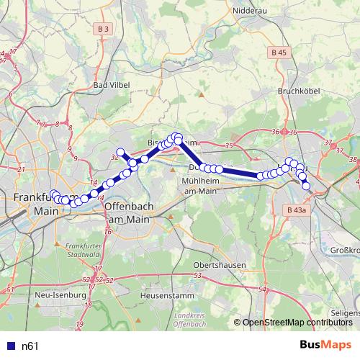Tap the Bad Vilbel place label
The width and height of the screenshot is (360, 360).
(112, 85)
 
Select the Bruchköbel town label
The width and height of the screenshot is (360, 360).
(298, 91)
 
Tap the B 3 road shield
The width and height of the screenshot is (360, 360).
(104, 29)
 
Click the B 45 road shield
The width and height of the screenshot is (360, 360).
(279, 53)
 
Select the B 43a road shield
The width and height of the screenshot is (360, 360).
(295, 210)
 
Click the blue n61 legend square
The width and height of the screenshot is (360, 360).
(9, 346)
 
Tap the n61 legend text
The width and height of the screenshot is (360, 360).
(30, 346)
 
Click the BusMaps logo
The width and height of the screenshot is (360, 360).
(325, 345)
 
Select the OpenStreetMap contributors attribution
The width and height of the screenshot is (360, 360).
(297, 323)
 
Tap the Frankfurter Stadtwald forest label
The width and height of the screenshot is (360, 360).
(81, 250)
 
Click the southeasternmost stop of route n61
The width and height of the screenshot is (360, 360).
(306, 186)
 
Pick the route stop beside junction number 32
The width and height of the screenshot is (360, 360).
(120, 152)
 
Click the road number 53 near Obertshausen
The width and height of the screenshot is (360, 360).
(198, 276)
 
